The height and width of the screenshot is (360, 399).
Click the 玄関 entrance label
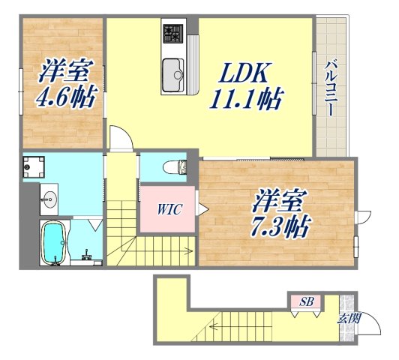(x=347, y=318)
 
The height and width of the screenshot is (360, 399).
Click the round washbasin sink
(x=51, y=200)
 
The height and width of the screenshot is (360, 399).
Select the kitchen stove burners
(x=172, y=34)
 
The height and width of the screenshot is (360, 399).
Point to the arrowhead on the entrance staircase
(x=214, y=325)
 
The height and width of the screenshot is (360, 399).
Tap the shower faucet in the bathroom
(x=90, y=255)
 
